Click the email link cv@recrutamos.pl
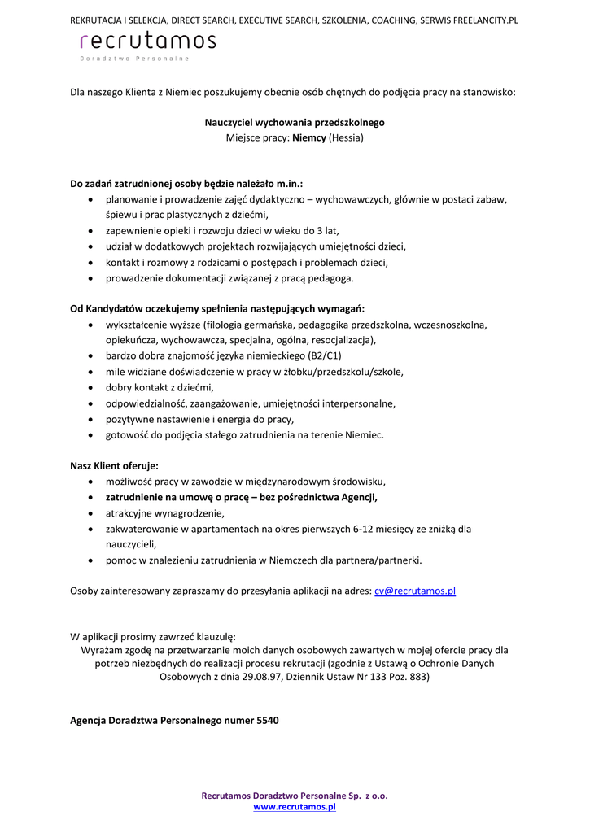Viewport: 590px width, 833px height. coord(415,591)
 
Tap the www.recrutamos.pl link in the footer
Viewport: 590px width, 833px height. coord(295,807)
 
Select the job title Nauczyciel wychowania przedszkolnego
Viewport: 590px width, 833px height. coord(295,122)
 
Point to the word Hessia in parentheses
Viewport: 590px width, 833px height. coord(346,137)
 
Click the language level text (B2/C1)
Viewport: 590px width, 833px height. coord(326,355)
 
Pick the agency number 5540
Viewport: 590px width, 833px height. coord(268,721)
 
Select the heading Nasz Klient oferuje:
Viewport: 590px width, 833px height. coord(115,466)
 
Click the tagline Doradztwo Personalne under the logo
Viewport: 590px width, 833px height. coord(134,59)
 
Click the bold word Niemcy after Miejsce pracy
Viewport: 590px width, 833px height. coord(309,137)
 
